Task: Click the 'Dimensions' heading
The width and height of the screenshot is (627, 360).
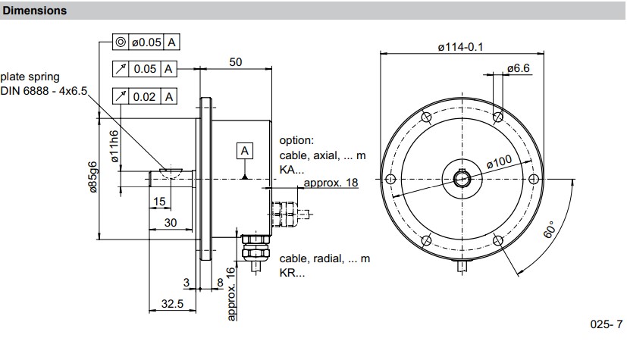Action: point(35,11)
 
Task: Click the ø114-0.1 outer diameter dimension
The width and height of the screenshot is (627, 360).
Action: point(461,47)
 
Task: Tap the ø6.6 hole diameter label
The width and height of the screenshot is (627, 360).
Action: point(519,68)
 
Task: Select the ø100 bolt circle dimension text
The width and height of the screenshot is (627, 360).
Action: point(499,162)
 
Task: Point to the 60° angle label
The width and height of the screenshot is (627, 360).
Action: point(550,230)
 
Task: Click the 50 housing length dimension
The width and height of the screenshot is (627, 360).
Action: point(236,62)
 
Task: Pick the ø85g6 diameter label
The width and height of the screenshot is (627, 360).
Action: point(92,177)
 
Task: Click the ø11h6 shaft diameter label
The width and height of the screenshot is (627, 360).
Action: point(114,146)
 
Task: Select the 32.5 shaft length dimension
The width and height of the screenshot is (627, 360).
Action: point(172,304)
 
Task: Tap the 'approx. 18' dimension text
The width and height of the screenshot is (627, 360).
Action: point(331,183)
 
